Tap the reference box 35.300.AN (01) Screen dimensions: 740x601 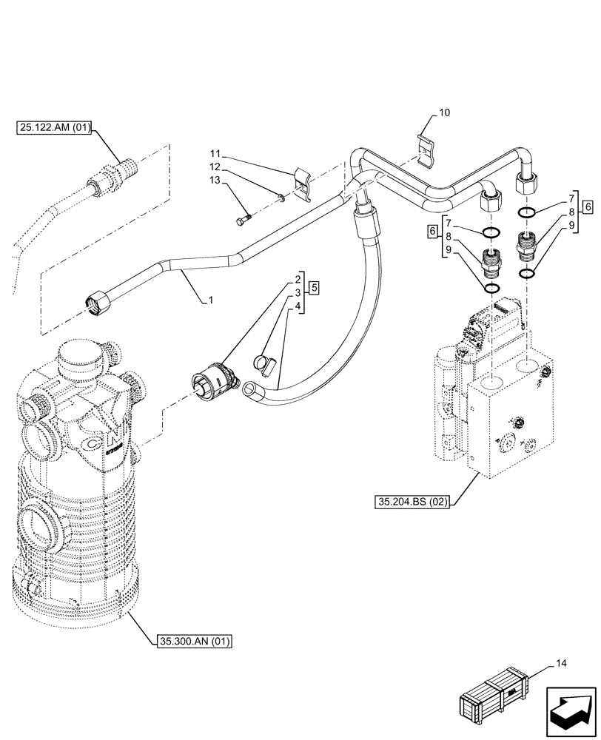pyautogui.click(x=195, y=641)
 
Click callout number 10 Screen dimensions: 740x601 pyautogui.click(x=444, y=113)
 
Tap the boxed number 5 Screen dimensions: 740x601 pyautogui.click(x=314, y=286)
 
